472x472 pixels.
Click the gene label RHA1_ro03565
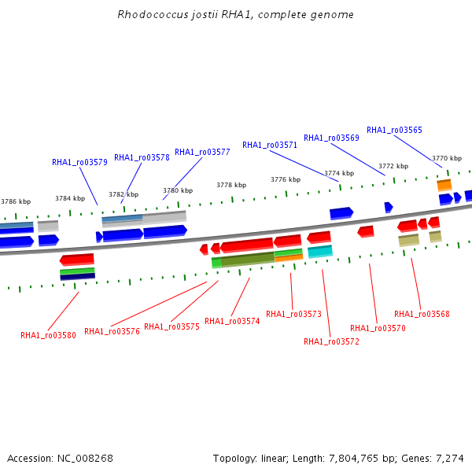click(394, 130)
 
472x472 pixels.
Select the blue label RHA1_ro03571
click(270, 145)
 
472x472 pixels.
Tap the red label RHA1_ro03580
click(48, 335)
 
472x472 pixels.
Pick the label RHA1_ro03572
click(331, 341)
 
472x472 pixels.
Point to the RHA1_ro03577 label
click(202, 152)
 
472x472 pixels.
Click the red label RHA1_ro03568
click(422, 314)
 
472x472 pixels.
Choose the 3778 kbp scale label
click(231, 185)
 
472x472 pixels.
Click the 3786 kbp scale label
click(16, 201)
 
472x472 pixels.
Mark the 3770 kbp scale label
click(447, 158)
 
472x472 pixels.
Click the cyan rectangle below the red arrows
click(320, 252)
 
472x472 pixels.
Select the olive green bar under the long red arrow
click(248, 260)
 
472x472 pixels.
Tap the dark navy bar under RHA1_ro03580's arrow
click(78, 276)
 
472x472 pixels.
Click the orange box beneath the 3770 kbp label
click(444, 185)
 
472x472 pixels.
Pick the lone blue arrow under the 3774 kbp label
click(341, 213)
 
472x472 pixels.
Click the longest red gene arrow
click(246, 245)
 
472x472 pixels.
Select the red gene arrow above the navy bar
click(77, 260)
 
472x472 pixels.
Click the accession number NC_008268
click(85, 459)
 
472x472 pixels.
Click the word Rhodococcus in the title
click(153, 14)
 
